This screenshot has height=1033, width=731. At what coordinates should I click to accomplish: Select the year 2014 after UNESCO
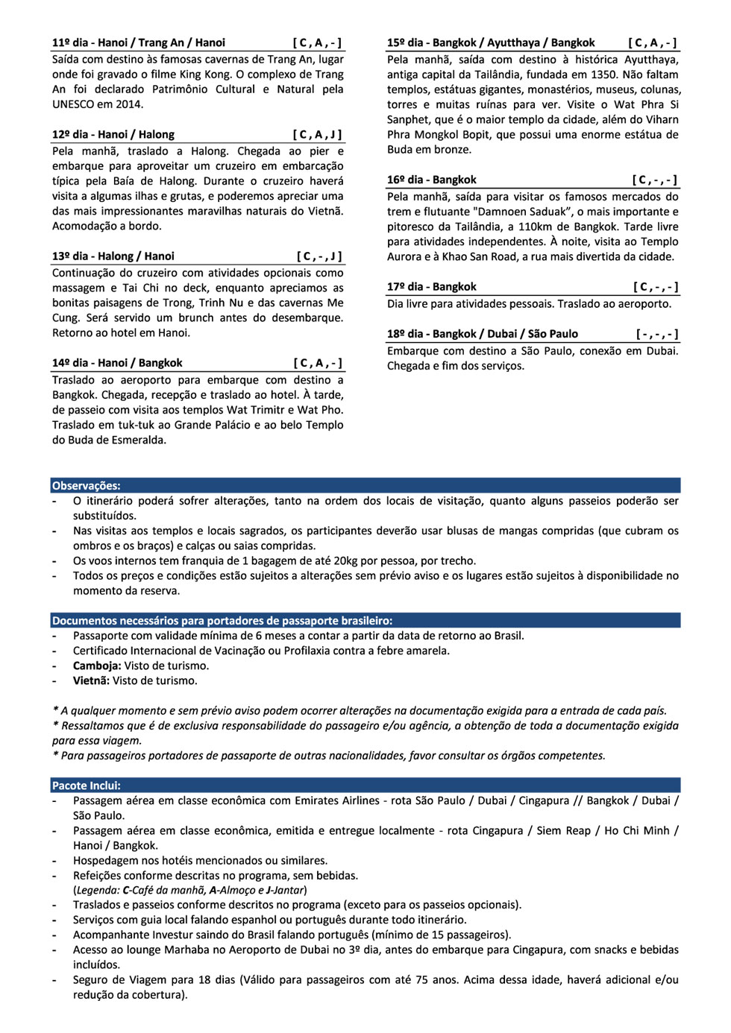click(x=129, y=104)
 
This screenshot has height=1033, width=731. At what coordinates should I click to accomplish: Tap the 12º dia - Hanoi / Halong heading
click(x=113, y=135)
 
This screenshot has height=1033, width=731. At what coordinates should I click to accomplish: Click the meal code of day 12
click(x=317, y=135)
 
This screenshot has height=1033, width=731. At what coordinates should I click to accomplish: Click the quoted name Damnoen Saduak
click(x=527, y=212)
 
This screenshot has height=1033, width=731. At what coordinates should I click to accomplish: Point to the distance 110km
click(x=541, y=227)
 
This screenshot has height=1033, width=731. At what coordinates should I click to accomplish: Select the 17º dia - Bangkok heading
click(x=432, y=287)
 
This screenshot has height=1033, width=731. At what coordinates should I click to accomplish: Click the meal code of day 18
click(x=656, y=334)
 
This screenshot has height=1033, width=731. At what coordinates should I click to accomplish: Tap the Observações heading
click(x=87, y=486)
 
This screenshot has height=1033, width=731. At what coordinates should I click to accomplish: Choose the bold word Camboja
click(x=96, y=666)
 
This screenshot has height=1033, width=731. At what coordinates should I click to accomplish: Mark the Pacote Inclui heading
click(x=87, y=786)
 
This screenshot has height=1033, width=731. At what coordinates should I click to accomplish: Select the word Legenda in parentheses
click(x=97, y=890)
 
